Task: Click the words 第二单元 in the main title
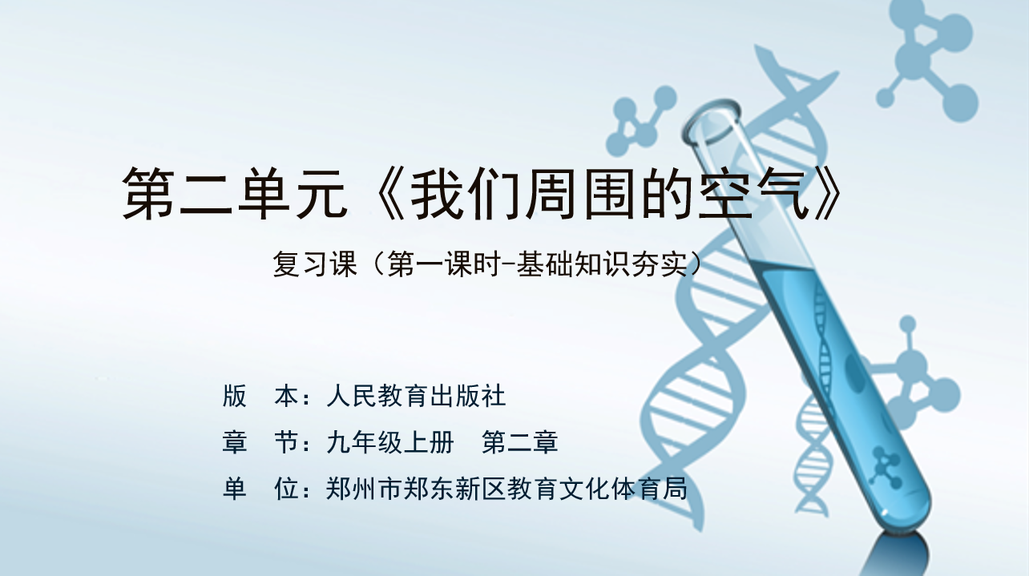coord(234,193)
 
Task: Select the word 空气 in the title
coord(753,193)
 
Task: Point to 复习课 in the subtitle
coord(315,264)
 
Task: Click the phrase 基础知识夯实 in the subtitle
coord(602,264)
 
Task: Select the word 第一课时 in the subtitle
coord(444,264)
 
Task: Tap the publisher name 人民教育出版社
coord(416,397)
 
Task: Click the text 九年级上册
coord(390,442)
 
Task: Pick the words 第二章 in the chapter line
coord(519,442)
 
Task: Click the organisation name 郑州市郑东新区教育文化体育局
coord(506,488)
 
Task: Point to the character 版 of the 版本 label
coord(234,397)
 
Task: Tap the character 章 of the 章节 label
coord(234,442)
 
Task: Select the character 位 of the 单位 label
coord(286,488)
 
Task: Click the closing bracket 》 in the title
coord(827,193)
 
